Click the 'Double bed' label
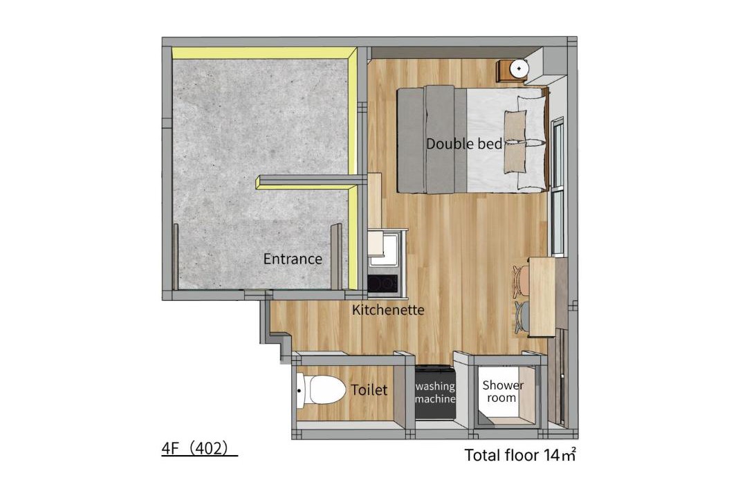click(x=463, y=143)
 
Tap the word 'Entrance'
click(x=293, y=259)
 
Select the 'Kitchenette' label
click(x=388, y=310)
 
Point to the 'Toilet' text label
click(x=369, y=390)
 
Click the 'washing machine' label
click(x=435, y=392)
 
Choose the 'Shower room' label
click(x=503, y=391)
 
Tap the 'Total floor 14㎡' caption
click(x=520, y=454)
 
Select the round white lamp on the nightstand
click(x=519, y=68)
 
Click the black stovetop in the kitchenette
click(x=382, y=283)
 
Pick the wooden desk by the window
click(x=542, y=297)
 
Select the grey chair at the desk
click(x=522, y=316)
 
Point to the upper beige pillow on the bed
click(x=515, y=126)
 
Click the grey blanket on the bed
click(x=432, y=140)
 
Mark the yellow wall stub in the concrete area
click(x=306, y=181)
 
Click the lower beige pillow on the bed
click(x=515, y=157)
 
